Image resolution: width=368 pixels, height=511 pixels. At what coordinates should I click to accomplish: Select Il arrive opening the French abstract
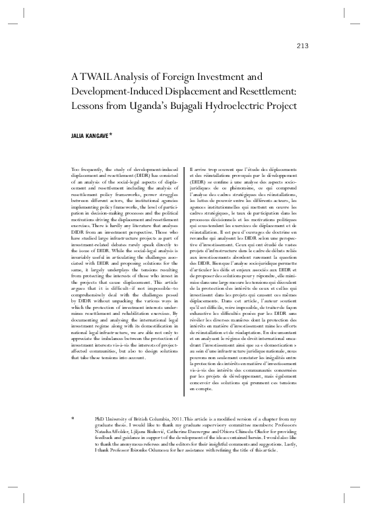(x=196, y=170)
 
